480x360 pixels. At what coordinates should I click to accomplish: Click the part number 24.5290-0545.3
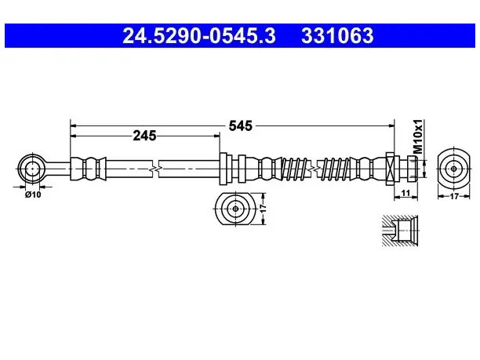[x=199, y=35]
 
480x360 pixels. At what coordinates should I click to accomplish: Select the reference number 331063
[x=337, y=35]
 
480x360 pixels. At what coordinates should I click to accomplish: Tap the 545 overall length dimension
[x=240, y=125]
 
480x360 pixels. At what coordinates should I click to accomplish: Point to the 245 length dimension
[x=144, y=136]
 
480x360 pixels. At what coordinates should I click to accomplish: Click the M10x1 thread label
[x=418, y=136]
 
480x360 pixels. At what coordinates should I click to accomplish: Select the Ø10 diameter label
[x=33, y=195]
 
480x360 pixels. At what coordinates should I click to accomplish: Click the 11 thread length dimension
[x=405, y=193]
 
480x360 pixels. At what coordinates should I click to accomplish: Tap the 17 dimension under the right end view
[x=454, y=196]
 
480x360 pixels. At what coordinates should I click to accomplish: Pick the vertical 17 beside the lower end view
[x=263, y=209]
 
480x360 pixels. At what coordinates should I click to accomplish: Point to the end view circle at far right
[x=453, y=169]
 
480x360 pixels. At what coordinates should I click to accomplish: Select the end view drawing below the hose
[x=235, y=209]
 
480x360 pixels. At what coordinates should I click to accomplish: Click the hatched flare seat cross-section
[x=400, y=231]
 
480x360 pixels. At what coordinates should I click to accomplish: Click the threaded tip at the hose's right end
[x=412, y=169]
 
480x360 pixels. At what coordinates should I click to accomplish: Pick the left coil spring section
[x=294, y=169]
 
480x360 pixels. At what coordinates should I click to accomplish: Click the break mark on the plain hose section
[x=155, y=169]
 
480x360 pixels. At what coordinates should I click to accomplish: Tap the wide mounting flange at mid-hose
[x=224, y=169]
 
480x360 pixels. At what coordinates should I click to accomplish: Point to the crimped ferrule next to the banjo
[x=88, y=169]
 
